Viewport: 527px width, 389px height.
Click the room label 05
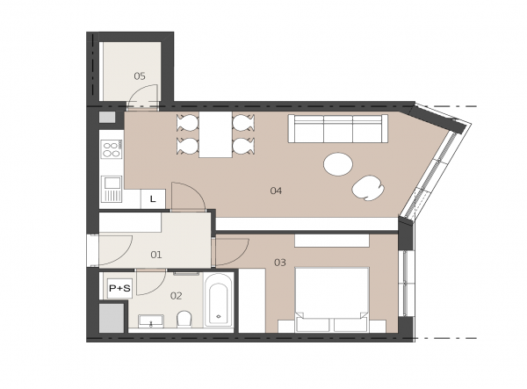point(140,76)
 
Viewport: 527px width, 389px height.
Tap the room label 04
point(276,191)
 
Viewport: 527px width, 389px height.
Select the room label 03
point(280,263)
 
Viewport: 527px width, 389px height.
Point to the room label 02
point(177,296)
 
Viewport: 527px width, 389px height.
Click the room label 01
point(156,255)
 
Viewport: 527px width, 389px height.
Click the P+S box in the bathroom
point(119,288)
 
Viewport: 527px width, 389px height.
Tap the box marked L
point(153,199)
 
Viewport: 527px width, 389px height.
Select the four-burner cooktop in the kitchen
point(112,149)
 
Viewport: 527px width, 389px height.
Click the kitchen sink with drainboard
point(112,189)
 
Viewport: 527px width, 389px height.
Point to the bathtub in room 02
point(218,300)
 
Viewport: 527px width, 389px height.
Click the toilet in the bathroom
point(184,319)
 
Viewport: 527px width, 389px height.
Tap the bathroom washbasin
point(151,321)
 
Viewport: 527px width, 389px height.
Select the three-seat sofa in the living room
point(338,129)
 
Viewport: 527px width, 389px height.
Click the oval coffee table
point(338,164)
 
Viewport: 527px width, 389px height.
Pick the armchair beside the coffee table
point(368,188)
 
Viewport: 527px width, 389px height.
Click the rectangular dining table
point(215,134)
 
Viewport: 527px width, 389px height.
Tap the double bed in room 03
point(332,299)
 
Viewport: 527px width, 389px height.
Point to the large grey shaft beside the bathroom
point(112,318)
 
